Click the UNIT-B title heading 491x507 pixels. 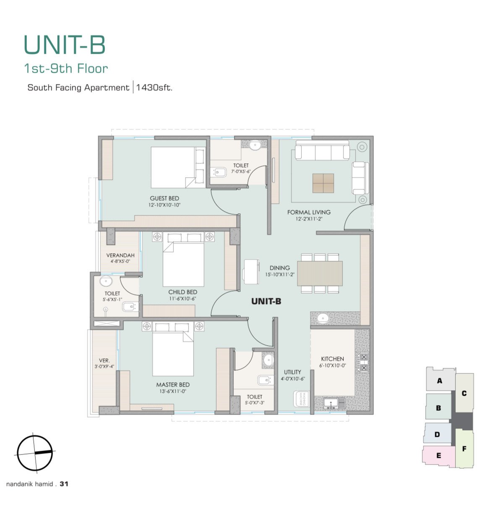tap(65, 45)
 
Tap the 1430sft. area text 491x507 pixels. tap(154, 88)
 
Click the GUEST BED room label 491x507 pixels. tap(165, 199)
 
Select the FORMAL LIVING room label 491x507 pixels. tap(309, 213)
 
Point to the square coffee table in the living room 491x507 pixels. tap(323, 183)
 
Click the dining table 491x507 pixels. tap(320, 273)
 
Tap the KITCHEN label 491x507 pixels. tap(332, 359)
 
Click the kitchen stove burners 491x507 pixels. tap(363, 363)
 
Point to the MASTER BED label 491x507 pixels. tap(173, 385)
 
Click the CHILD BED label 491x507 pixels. tap(183, 292)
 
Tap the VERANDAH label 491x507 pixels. tap(120, 255)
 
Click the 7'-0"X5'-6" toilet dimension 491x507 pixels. tap(241, 171)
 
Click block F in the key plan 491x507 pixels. tap(464, 449)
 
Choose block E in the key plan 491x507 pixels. tap(439, 456)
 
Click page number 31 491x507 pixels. tap(64, 484)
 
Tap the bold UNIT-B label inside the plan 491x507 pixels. tap(266, 301)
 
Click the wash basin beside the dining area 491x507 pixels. tap(323, 318)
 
